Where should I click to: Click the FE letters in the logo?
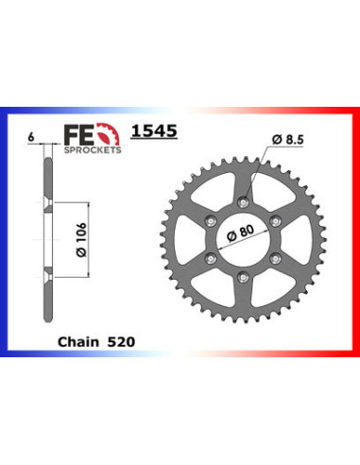[69, 129]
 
